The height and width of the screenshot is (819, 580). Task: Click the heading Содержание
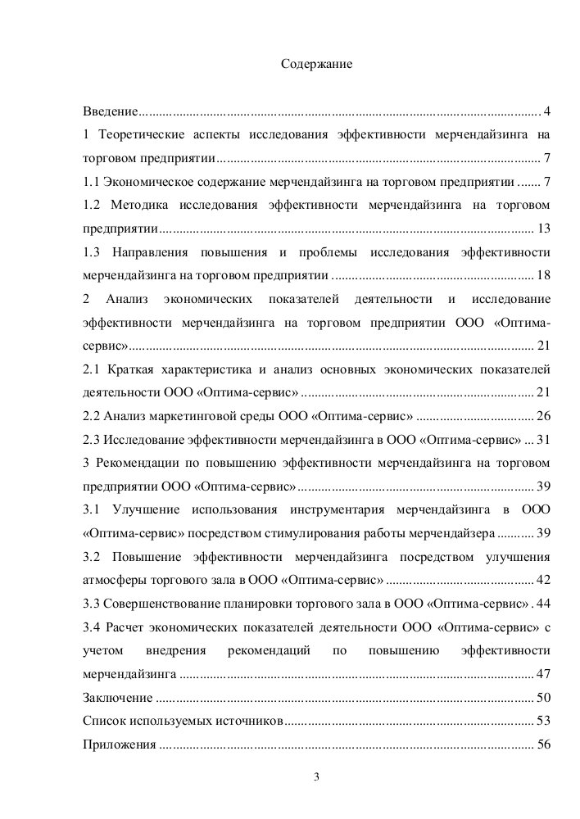(315, 63)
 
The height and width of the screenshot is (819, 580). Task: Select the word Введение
(111, 111)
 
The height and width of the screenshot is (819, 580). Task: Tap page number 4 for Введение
(546, 111)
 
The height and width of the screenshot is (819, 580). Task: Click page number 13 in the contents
(542, 227)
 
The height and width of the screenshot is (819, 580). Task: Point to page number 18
(542, 274)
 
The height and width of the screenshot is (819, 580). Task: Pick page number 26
(542, 415)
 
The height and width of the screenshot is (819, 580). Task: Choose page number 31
(542, 439)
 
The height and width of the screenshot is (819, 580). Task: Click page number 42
(542, 581)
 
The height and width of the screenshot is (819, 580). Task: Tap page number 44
(542, 604)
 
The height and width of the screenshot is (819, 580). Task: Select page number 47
(542, 675)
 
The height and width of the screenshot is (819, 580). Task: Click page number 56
(542, 745)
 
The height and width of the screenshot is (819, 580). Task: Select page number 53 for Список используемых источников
(542, 722)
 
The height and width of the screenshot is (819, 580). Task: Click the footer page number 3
(315, 776)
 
